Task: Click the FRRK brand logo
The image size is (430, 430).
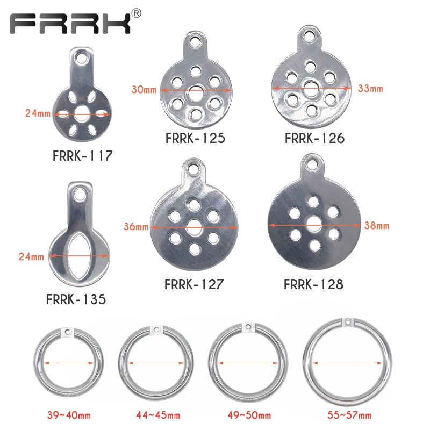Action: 70,23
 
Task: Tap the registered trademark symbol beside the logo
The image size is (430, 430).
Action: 137,13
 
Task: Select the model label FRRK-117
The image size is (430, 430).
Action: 83,156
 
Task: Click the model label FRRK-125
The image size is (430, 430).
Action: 195,138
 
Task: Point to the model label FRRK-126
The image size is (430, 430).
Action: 314,138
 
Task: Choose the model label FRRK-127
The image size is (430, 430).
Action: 194,284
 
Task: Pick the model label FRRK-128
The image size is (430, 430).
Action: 313,284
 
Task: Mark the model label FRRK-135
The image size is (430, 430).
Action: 76,299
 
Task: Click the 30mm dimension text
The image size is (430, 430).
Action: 144,89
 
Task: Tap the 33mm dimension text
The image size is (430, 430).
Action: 370,88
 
